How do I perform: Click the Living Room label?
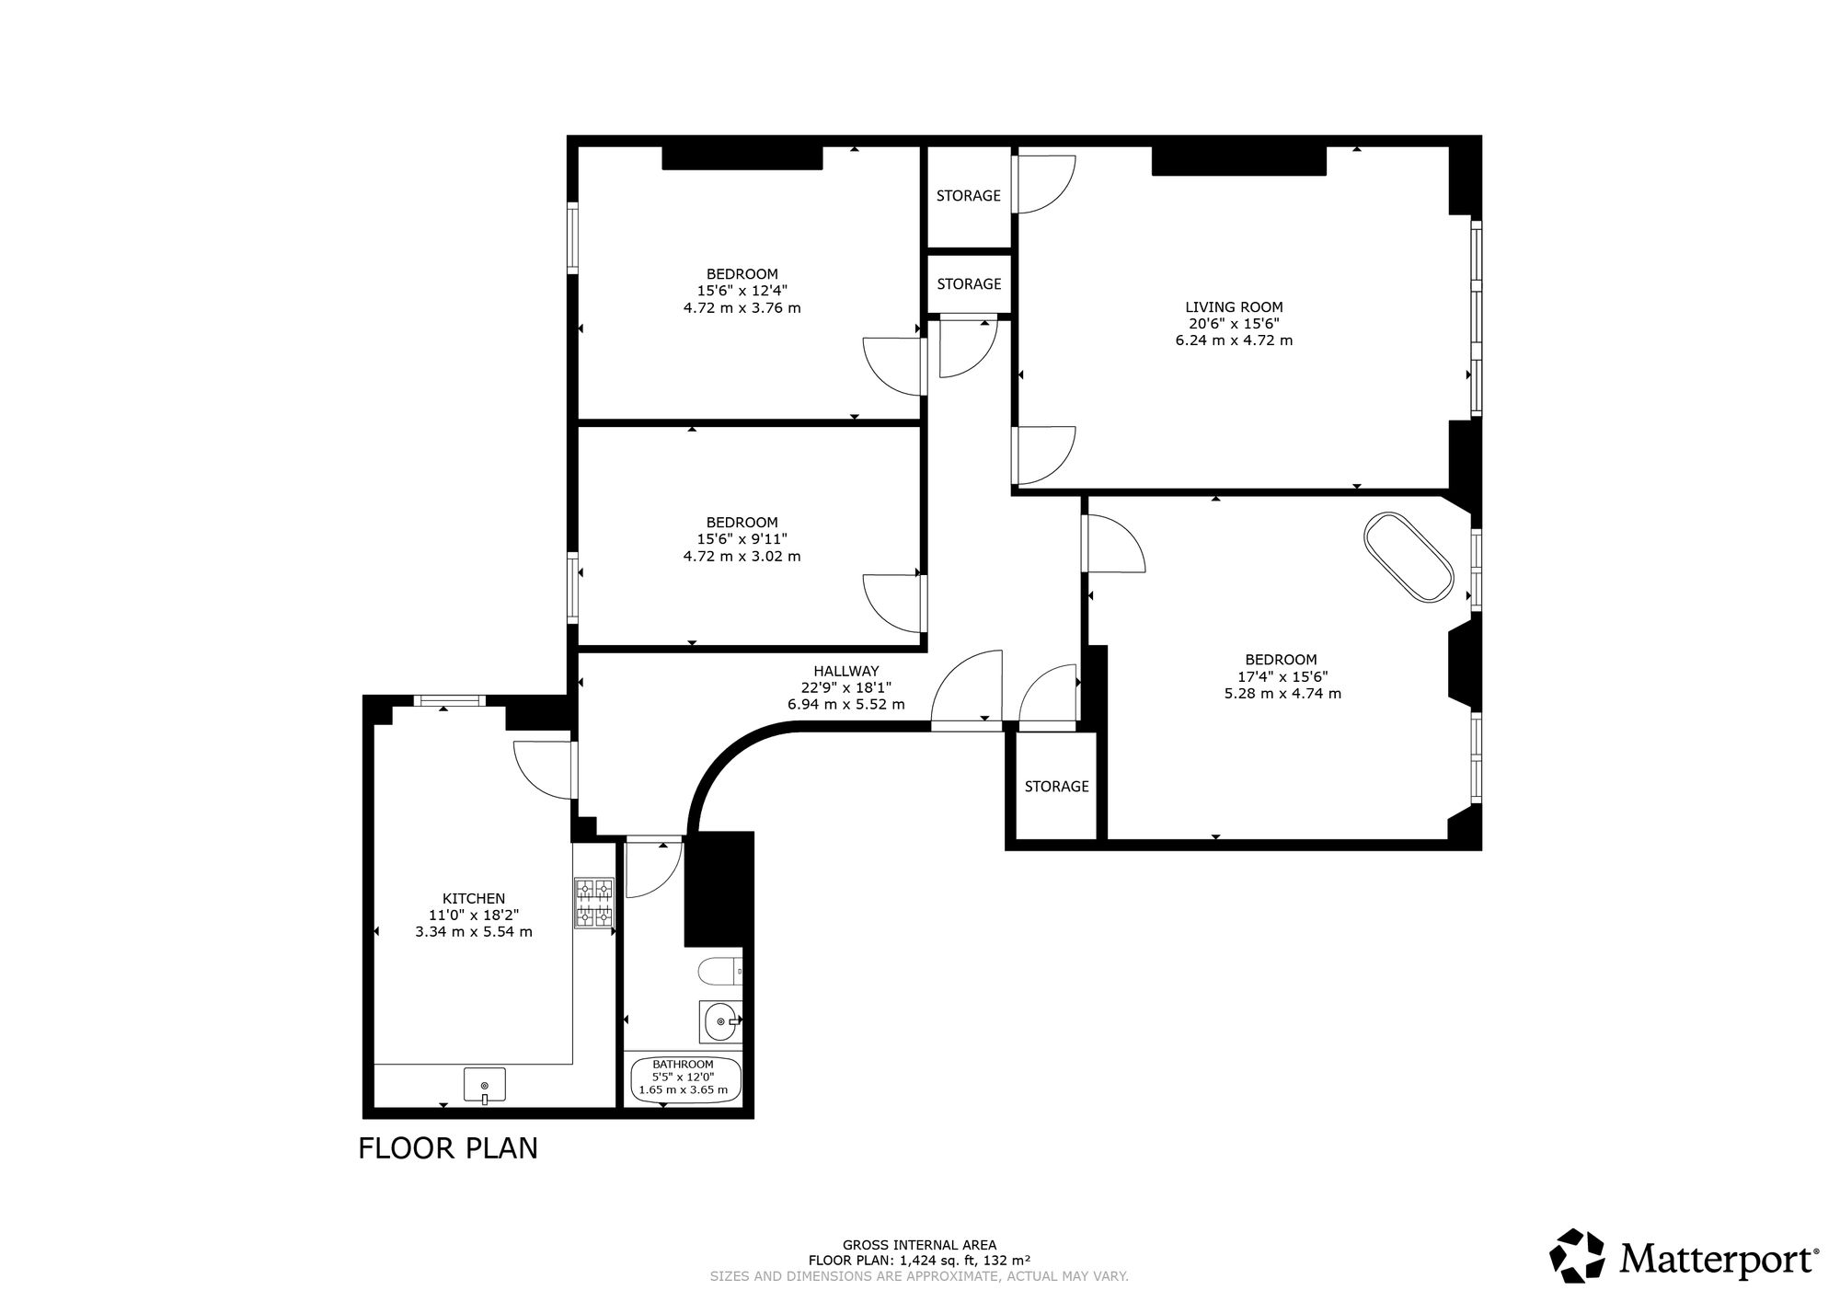1234,307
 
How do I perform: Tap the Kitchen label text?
474,899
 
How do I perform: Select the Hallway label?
845,672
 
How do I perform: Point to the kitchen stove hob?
594,903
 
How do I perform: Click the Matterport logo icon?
1578,1256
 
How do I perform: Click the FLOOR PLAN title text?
448,1149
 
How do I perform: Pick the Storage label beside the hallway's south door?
1056,787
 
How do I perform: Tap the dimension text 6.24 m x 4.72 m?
1234,340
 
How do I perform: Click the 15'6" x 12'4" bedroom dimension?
742,291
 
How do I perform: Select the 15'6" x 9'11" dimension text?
742,540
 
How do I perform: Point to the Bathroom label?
683,1065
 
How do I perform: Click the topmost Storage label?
968,196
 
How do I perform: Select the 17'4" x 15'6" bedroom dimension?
1281,676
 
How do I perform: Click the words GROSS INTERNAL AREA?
919,1246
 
